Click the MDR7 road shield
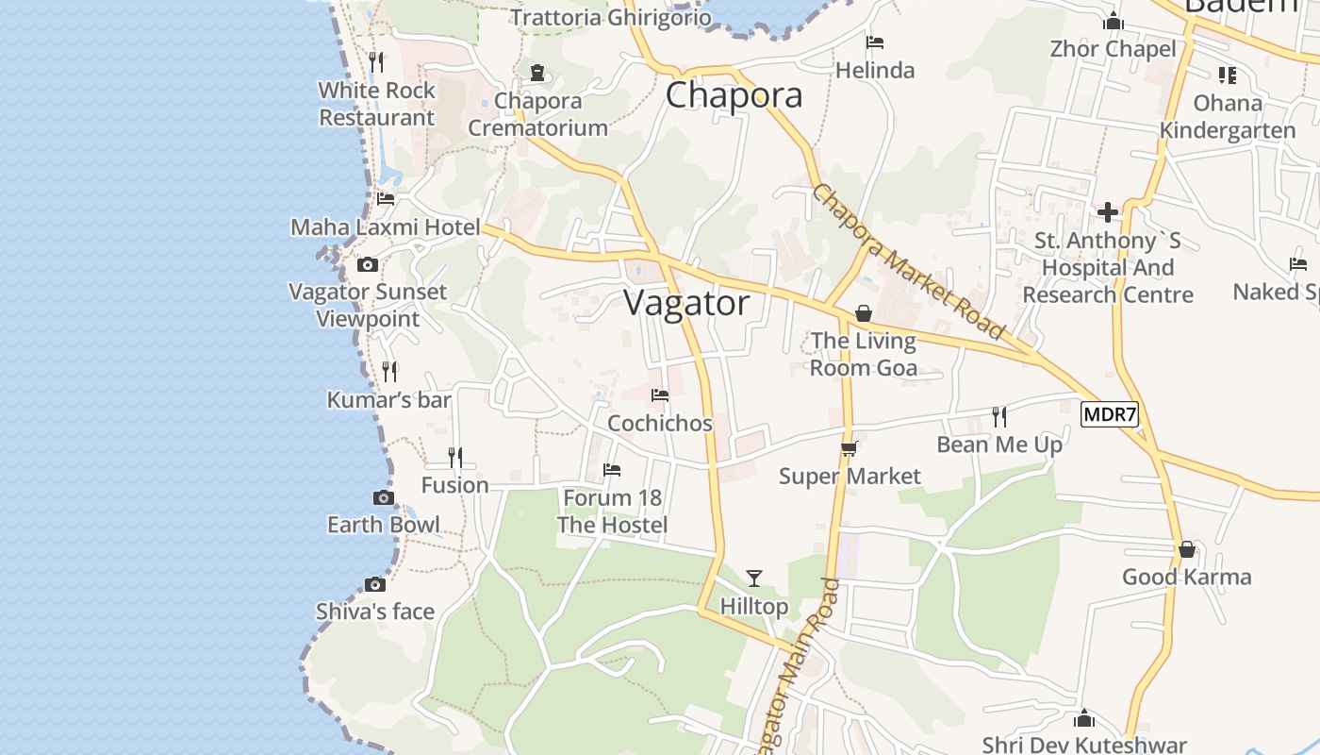[x=1110, y=413]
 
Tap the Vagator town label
[x=687, y=303]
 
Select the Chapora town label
[x=734, y=95]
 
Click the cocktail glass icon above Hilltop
[x=753, y=578]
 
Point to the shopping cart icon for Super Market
[x=849, y=449]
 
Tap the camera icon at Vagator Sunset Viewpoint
[x=368, y=264]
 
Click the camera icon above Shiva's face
[x=375, y=584]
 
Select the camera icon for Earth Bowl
[x=384, y=497]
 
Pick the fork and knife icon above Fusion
[x=455, y=458]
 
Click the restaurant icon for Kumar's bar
[x=389, y=372]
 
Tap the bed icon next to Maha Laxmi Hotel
[x=386, y=199]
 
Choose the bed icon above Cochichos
[x=660, y=395]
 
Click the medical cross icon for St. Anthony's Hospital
[x=1108, y=212]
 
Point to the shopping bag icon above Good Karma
[x=1186, y=549]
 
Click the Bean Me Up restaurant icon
[x=999, y=416]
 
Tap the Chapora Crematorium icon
[x=537, y=73]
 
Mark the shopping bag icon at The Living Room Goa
[x=864, y=313]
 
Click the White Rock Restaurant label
[x=377, y=104]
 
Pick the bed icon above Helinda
[x=875, y=42]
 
